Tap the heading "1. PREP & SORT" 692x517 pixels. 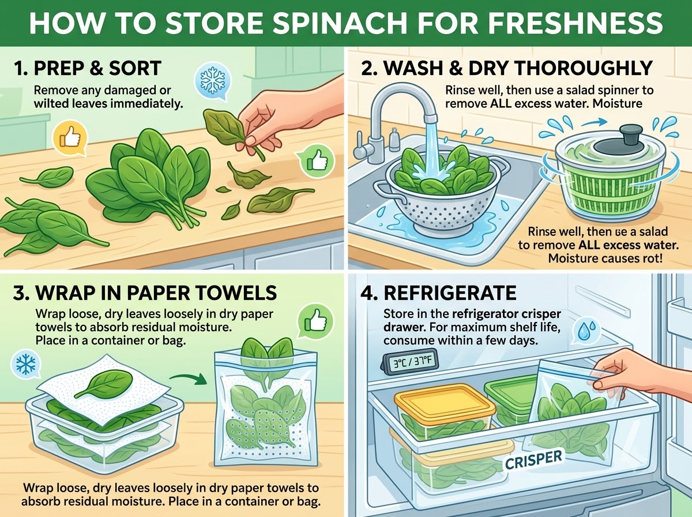click(x=88, y=68)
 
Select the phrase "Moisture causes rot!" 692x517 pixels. click(x=605, y=258)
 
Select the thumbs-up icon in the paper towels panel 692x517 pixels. click(x=315, y=322)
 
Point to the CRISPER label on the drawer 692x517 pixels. click(x=533, y=460)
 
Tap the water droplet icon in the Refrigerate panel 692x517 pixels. click(x=586, y=331)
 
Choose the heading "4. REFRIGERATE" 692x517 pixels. click(x=439, y=293)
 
